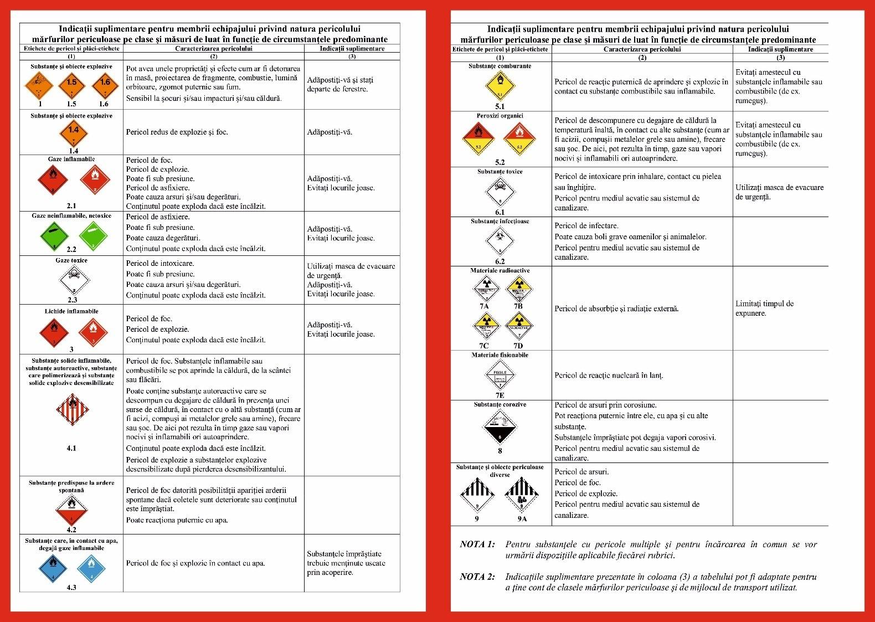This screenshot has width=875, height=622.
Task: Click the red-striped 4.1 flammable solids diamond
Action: [72, 410]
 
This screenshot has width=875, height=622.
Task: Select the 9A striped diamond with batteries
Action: [521, 496]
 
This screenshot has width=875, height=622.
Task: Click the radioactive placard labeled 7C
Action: [486, 325]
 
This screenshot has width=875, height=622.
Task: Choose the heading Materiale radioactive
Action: [500, 270]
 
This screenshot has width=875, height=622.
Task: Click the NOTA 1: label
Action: [477, 544]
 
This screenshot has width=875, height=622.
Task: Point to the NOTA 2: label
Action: [477, 577]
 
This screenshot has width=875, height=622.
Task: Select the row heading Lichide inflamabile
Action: [71, 311]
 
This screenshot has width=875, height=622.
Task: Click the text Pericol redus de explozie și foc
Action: [177, 132]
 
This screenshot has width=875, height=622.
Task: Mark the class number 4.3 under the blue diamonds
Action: [71, 588]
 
